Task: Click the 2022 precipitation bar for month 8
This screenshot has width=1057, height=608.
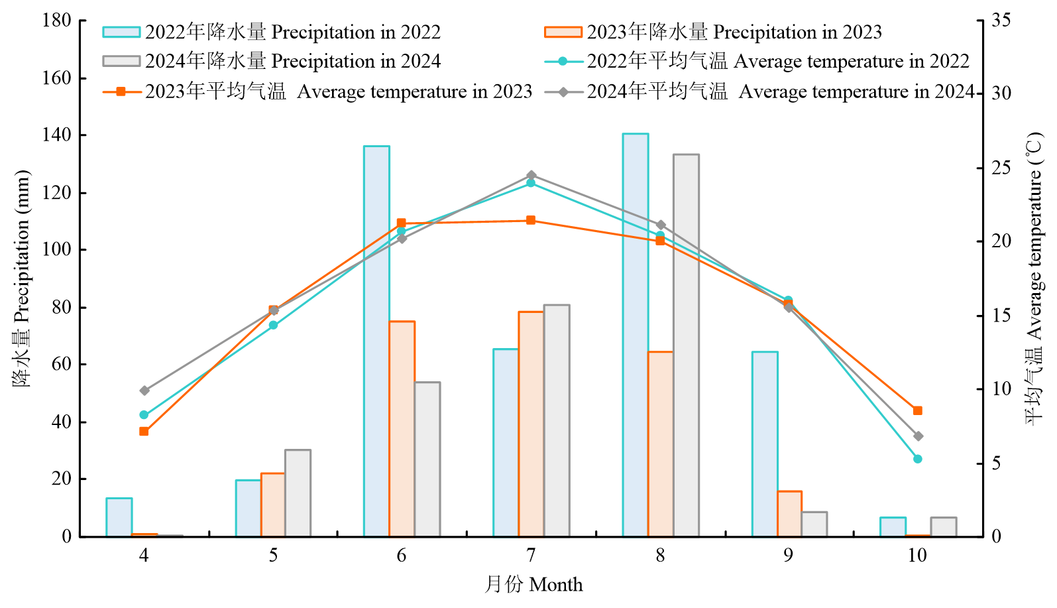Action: click(x=636, y=335)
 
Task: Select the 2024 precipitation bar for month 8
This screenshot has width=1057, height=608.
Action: click(x=686, y=345)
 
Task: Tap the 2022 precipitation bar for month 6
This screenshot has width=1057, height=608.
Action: click(x=376, y=341)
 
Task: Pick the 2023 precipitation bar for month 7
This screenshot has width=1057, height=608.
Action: click(x=531, y=424)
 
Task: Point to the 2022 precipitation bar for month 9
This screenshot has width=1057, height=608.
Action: click(x=765, y=444)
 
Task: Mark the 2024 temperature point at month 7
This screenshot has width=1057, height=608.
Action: click(x=531, y=176)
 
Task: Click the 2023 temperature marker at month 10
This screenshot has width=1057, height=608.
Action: click(x=917, y=411)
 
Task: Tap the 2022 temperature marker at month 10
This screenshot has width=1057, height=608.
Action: click(x=917, y=459)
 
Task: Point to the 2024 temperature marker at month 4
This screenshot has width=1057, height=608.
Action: click(x=144, y=391)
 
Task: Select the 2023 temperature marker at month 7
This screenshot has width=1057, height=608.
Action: click(x=531, y=220)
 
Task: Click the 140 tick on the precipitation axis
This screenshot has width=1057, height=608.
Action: click(x=57, y=135)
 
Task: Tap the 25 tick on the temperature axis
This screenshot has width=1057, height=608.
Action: click(x=1001, y=168)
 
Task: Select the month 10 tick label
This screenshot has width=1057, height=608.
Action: click(x=917, y=556)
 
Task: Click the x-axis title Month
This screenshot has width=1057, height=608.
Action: click(x=533, y=585)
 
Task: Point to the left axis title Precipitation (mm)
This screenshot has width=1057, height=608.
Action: click(x=21, y=278)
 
